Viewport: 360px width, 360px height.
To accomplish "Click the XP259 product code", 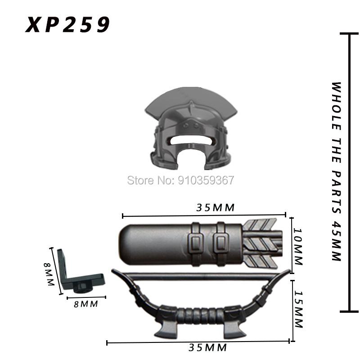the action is pos(67,24).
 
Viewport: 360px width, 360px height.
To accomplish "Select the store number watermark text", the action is pos(180,180).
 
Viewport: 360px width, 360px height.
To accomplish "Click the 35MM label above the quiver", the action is pos(216,207).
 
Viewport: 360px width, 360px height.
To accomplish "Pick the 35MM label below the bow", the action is pos(207,347).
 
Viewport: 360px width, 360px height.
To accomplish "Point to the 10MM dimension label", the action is pos(298,247).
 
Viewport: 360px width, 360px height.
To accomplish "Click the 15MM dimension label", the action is pos(298,309).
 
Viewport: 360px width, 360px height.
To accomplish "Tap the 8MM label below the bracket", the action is pos(86,304).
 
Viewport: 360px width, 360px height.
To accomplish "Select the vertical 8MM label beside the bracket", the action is pos(49,274).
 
